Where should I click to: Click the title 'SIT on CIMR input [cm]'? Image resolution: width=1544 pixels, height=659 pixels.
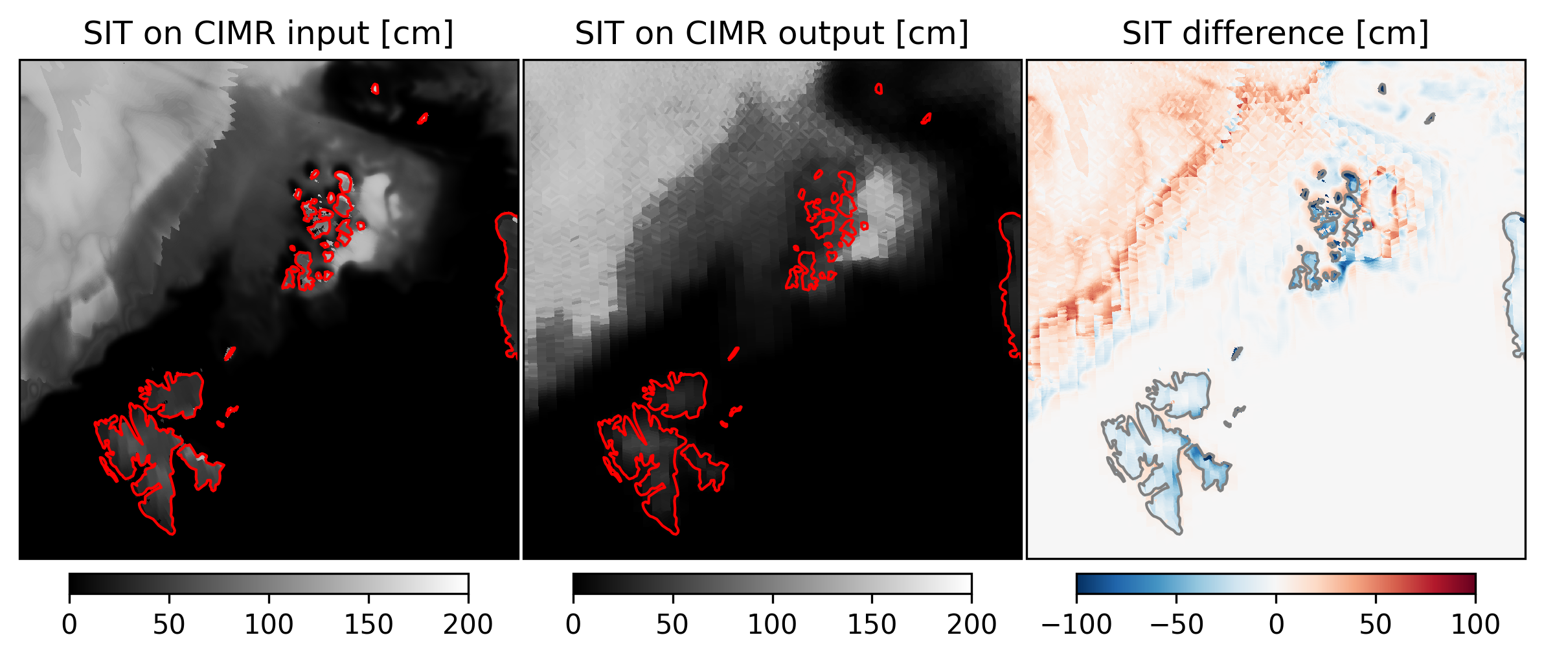tap(268, 33)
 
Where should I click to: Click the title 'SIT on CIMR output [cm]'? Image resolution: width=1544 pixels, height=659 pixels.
tap(771, 33)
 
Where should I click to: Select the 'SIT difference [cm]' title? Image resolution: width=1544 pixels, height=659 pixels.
tap(1275, 33)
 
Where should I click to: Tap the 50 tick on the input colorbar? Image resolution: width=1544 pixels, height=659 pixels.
tap(169, 624)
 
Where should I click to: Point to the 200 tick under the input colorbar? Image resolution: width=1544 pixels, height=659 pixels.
tap(468, 624)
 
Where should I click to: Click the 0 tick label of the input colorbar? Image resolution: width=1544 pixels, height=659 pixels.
tap(69, 624)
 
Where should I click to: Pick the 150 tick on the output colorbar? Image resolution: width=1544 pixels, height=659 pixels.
tap(872, 624)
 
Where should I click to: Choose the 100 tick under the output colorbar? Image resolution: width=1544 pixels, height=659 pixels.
tap(772, 624)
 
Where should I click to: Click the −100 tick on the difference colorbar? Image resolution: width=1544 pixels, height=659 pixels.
tap(1076, 624)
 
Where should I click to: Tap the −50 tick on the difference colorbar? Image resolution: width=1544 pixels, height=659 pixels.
tap(1176, 624)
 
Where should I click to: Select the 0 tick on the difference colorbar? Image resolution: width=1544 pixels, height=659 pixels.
tap(1276, 624)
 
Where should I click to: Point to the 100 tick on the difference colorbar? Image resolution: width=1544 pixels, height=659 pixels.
tap(1475, 624)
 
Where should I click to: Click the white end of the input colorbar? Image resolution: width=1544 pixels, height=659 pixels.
tap(462, 583)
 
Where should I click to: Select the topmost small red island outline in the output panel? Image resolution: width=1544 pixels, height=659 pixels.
tap(879, 89)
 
